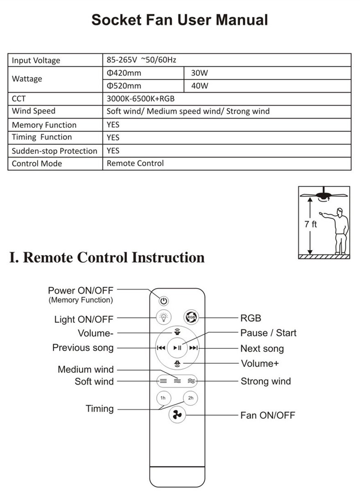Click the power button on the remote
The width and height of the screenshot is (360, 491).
click(x=164, y=301)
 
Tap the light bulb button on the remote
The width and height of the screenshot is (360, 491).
click(x=163, y=317)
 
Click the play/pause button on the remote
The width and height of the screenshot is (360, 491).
click(x=177, y=348)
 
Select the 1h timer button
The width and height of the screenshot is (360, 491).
click(x=164, y=398)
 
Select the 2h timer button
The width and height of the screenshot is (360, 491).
click(x=190, y=398)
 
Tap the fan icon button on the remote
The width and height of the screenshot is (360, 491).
click(x=177, y=415)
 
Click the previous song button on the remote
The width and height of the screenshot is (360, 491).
click(x=161, y=348)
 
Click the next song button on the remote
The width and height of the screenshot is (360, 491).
click(x=193, y=348)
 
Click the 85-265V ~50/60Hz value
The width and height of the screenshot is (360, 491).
click(x=141, y=60)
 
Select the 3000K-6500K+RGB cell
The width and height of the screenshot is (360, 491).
click(x=140, y=99)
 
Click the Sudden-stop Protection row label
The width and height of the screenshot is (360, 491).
click(x=54, y=151)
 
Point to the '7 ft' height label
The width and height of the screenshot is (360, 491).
click(x=310, y=224)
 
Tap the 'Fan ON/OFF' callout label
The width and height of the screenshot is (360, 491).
click(x=267, y=415)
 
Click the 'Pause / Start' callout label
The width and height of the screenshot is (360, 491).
click(x=268, y=333)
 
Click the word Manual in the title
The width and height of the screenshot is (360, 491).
click(x=242, y=20)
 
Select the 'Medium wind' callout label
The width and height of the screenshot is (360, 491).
click(x=86, y=369)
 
